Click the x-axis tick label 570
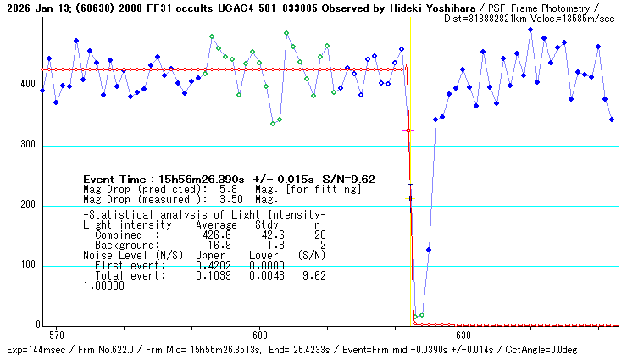pyautogui.click(x=58, y=335)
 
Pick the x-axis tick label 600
pyautogui.click(x=260, y=335)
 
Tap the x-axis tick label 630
pyautogui.click(x=463, y=335)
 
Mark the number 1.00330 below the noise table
pyautogui.click(x=103, y=285)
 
